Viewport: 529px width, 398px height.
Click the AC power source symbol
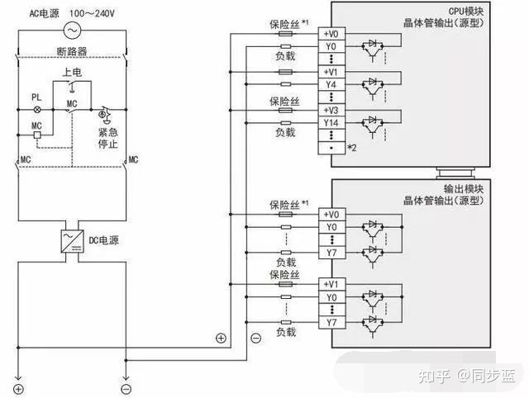[x=72, y=31]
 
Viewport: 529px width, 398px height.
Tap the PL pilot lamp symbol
[x=37, y=110]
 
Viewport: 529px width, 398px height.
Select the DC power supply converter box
[x=72, y=241]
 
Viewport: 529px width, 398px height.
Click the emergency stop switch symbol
[x=105, y=114]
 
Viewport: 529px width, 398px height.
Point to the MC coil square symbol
[x=37, y=135]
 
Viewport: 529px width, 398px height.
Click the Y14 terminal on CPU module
[x=331, y=123]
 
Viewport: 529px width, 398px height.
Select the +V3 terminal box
[x=331, y=110]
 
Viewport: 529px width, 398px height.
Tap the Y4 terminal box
[x=331, y=84]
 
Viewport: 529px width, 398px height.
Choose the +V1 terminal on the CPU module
[x=331, y=72]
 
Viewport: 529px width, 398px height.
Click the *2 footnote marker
[x=352, y=148]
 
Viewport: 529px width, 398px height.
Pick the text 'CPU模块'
[x=466, y=11]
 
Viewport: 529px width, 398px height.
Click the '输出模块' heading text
[x=464, y=189]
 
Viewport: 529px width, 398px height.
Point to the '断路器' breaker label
[x=72, y=51]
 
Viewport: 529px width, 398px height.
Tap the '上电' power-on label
[x=72, y=72]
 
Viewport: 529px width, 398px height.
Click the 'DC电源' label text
[x=103, y=240]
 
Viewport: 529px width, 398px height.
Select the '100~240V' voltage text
[x=92, y=13]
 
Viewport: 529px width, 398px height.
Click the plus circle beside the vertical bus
[x=221, y=338]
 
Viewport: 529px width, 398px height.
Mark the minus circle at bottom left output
[x=126, y=389]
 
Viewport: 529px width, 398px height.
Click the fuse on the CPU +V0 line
[x=286, y=34]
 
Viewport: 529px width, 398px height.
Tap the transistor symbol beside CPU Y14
[x=373, y=125]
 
